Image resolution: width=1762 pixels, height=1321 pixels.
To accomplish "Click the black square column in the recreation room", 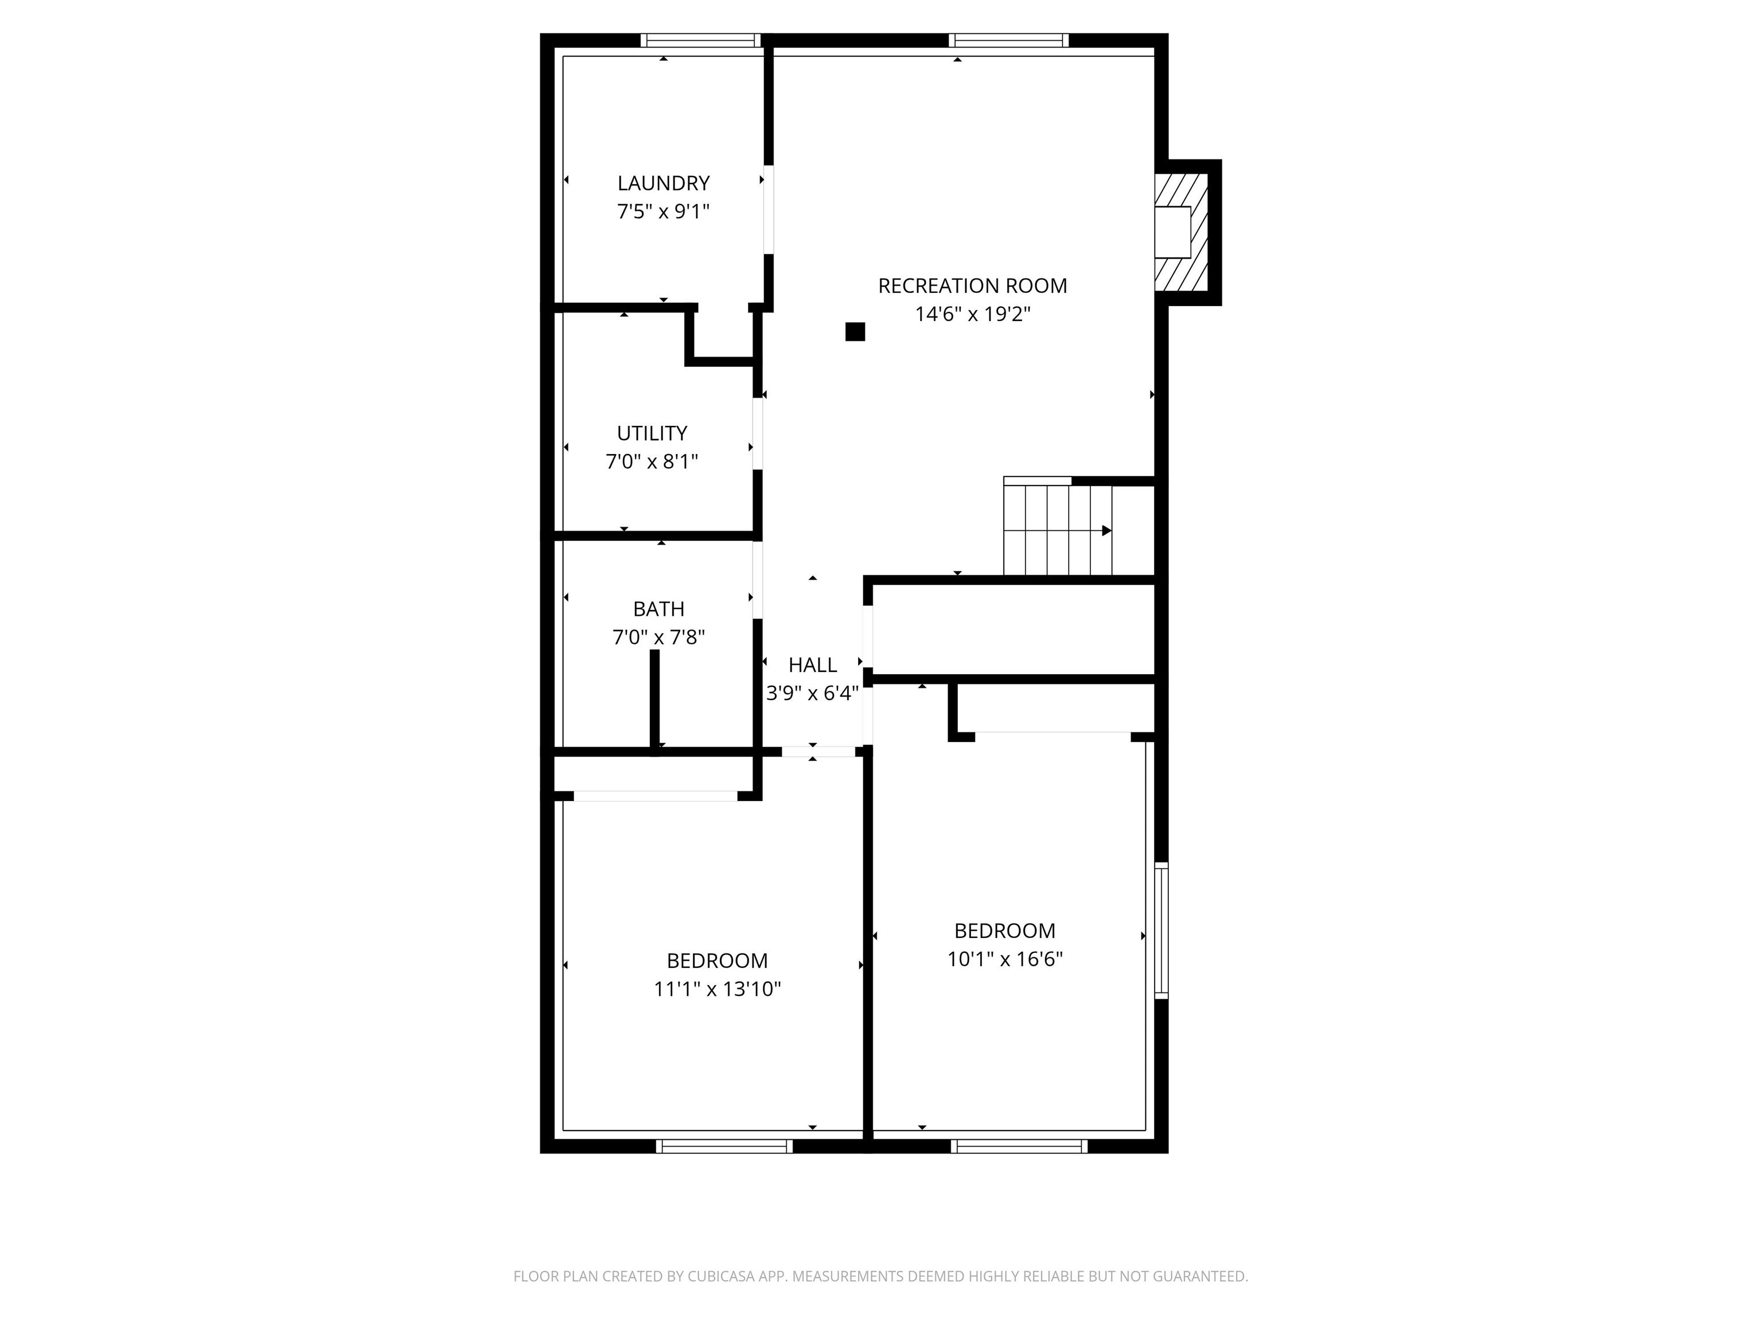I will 855,332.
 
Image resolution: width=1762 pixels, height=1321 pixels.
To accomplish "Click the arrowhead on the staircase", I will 1106,530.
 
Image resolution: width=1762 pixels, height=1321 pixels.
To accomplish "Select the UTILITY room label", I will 652,433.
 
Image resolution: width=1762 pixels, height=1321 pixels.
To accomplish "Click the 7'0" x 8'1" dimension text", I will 652,462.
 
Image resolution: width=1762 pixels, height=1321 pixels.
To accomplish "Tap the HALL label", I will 813,665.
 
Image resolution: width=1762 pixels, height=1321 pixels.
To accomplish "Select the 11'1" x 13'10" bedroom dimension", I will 717,989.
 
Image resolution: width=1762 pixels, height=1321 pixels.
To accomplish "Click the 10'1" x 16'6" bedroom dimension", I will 1004,959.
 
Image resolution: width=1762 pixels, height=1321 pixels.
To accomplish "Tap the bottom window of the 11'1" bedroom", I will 723,1146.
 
